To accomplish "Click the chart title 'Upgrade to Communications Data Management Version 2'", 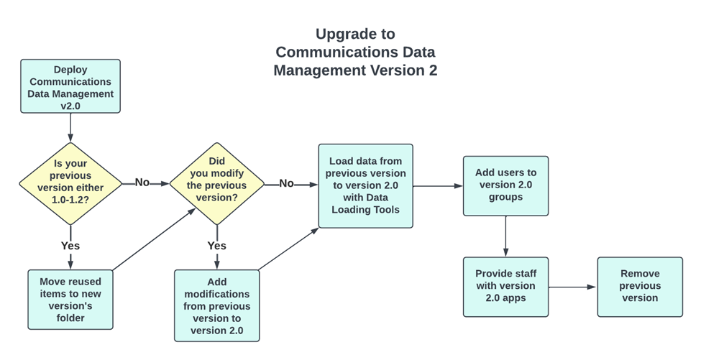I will pos(355,52).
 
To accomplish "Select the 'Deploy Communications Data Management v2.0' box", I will pos(70,86).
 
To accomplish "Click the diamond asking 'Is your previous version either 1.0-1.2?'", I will pos(70,183).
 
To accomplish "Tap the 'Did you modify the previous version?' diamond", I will pos(216,183).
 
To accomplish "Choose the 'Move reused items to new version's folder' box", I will pos(70,299).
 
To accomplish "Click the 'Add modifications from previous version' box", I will pos(216,305).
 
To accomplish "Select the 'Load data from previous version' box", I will pos(365,185).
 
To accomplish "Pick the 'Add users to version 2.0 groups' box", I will pos(505,185).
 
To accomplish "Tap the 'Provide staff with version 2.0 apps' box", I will pos(505,287).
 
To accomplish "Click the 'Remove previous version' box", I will pos(639,287).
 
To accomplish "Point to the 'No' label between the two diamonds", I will pos(142,183).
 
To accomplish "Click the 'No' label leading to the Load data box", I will pos(286,184).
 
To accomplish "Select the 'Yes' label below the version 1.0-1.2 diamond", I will pos(70,245).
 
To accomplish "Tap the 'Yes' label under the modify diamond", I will pos(216,245).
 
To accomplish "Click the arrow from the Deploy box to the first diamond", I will pos(70,128).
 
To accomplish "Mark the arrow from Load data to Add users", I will pos(437,185).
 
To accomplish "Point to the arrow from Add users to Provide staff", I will pos(506,236).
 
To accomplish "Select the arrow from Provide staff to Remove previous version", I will pos(572,287).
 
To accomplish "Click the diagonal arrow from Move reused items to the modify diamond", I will pos(154,240).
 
